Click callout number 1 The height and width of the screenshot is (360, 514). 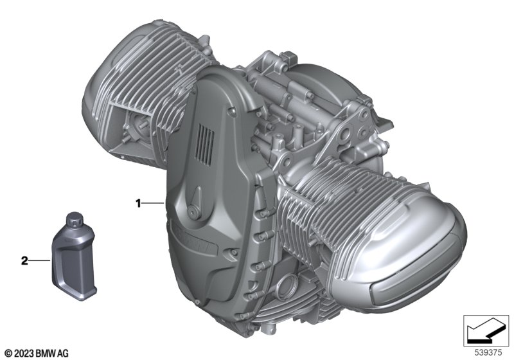point(138,204)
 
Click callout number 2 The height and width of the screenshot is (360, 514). point(24,260)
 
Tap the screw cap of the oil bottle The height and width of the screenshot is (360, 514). point(75,220)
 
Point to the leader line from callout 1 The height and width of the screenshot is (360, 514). point(153,204)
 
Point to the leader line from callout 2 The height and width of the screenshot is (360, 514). point(40,260)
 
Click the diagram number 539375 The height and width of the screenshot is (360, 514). point(488,353)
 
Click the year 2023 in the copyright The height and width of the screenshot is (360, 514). point(24,354)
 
